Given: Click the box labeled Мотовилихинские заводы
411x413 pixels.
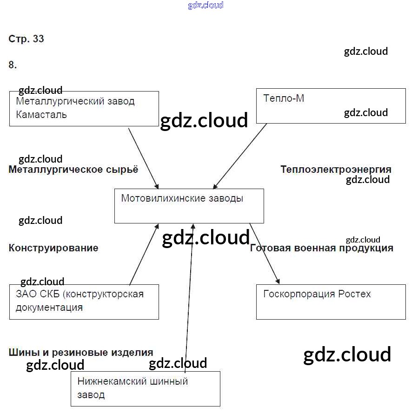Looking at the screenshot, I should pyautogui.click(x=189, y=206).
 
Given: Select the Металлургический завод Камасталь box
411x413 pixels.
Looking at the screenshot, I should pyautogui.click(x=84, y=109).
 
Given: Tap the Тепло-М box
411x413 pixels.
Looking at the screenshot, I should pyautogui.click(x=331, y=106).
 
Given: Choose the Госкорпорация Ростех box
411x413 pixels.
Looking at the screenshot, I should pyautogui.click(x=331, y=302).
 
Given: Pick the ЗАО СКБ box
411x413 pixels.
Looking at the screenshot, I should pyautogui.click(x=84, y=302).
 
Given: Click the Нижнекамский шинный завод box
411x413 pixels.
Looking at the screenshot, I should pyautogui.click(x=145, y=389).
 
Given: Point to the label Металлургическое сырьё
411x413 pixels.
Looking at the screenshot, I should pyautogui.click(x=73, y=170).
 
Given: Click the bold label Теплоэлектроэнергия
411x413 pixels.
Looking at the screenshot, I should pyautogui.click(x=336, y=170).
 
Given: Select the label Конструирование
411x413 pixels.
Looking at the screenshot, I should pyautogui.click(x=53, y=248).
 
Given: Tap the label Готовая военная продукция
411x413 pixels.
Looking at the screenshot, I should pyautogui.click(x=322, y=248).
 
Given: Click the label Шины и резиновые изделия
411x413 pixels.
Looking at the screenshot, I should pyautogui.click(x=81, y=353).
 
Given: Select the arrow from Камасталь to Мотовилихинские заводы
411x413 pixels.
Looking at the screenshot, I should pyautogui.click(x=144, y=157).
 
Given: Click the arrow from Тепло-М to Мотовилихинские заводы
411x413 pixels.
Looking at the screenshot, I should pyautogui.click(x=239, y=156).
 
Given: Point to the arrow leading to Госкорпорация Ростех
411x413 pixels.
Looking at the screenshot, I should pyautogui.click(x=265, y=254).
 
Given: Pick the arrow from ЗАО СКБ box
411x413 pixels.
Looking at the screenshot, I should pyautogui.click(x=144, y=254).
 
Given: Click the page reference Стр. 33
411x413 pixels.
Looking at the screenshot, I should pyautogui.click(x=26, y=39).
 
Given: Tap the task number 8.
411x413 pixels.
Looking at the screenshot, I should pyautogui.click(x=13, y=65).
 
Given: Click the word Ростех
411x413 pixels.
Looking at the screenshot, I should pyautogui.click(x=355, y=294).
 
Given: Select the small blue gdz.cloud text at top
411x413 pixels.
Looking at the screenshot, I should pyautogui.click(x=205, y=5).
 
